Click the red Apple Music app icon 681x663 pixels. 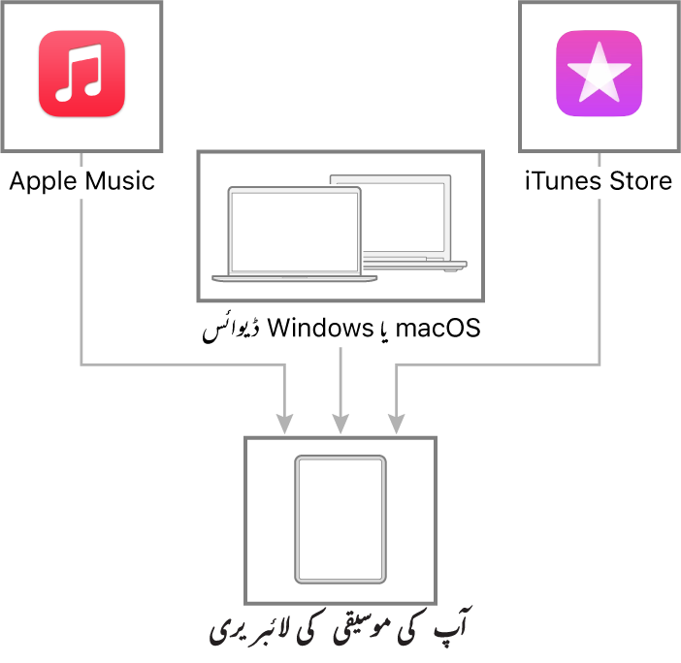(81, 74)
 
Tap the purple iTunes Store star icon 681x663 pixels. (599, 74)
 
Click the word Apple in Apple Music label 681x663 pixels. (44, 182)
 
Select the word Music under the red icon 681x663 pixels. (120, 181)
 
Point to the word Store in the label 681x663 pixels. (641, 181)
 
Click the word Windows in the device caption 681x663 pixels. (320, 328)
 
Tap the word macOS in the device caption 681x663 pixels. (438, 328)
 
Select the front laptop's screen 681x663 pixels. (295, 232)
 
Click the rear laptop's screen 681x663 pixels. (403, 217)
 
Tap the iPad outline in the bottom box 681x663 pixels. (340, 520)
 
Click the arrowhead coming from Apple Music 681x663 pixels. (284, 424)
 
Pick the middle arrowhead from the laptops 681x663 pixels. (340, 424)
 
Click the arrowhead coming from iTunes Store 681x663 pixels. (396, 424)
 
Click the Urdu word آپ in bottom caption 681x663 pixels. (453, 622)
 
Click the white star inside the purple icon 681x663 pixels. (599, 72)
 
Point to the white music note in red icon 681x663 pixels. (79, 73)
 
